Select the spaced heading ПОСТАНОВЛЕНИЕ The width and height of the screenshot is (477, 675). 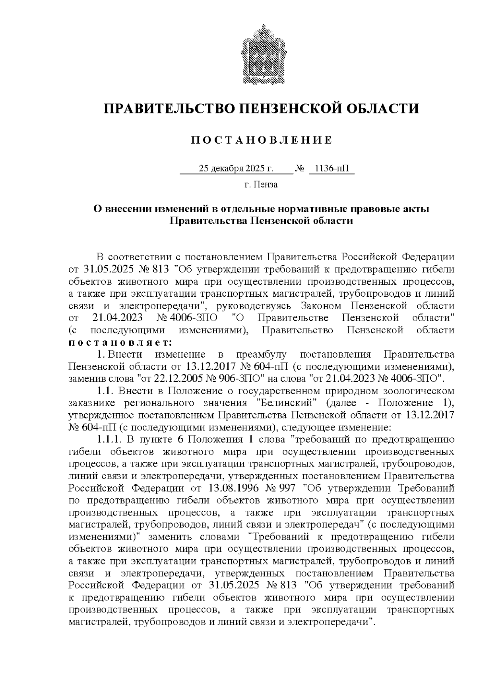pos(261,140)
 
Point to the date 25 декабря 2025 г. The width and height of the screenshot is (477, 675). pos(236,169)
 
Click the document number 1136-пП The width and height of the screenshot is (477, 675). pos(331,169)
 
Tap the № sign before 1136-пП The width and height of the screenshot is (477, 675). pos(299,169)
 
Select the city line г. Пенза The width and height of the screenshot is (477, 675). pos(261,185)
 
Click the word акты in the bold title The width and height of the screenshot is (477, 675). pos(416,208)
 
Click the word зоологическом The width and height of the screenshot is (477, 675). pos(415,390)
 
